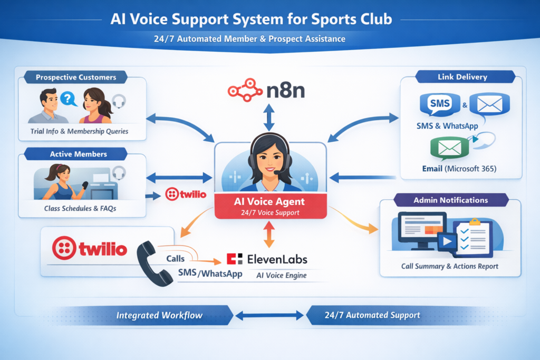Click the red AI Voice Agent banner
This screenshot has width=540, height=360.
(269, 206)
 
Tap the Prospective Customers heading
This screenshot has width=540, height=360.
(76, 77)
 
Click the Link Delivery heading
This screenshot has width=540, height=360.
(462, 77)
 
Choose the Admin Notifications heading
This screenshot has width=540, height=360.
(450, 200)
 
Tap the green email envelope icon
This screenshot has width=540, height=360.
(450, 149)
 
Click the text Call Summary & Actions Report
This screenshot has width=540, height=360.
(450, 266)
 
